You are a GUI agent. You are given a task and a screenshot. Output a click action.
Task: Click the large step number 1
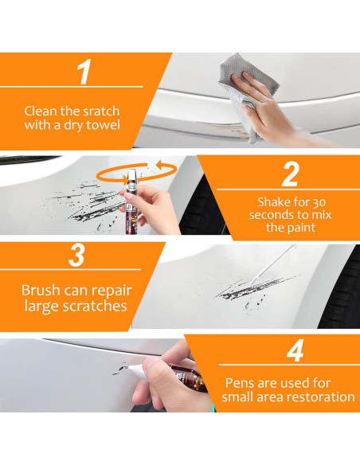click(84, 72)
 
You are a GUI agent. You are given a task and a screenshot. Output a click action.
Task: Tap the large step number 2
click(290, 174)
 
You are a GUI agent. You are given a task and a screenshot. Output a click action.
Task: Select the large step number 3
click(76, 255)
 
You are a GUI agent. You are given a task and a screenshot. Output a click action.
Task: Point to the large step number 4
click(295, 350)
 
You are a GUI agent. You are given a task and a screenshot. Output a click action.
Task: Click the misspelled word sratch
click(101, 111)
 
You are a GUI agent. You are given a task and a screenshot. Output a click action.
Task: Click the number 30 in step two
click(319, 202)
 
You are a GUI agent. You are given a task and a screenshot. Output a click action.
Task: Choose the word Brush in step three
click(41, 290)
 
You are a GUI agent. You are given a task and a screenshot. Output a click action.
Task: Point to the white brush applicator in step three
click(272, 264)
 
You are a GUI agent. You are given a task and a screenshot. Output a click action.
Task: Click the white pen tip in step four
click(137, 372)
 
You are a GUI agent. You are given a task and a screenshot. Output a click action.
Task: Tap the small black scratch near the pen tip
click(119, 369)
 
